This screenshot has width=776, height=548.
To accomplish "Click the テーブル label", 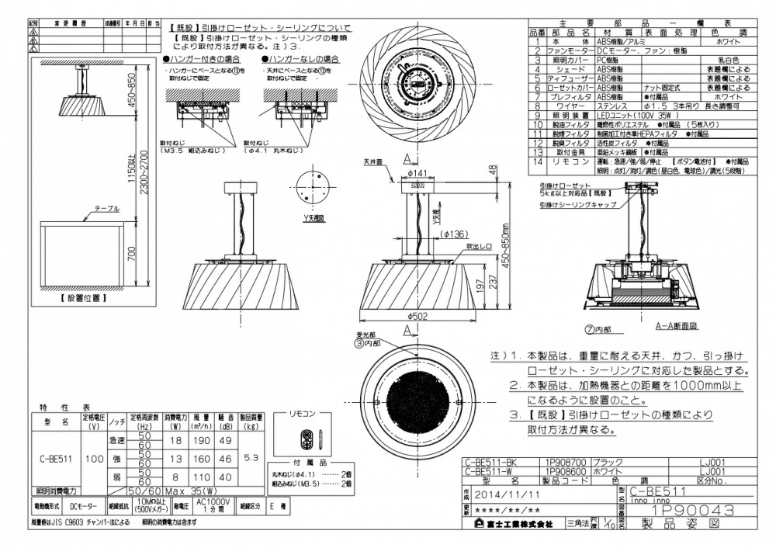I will coord(106,209).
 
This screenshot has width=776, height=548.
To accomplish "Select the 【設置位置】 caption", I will coord(82,297).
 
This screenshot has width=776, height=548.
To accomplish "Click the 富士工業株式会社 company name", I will coord(513,525).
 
